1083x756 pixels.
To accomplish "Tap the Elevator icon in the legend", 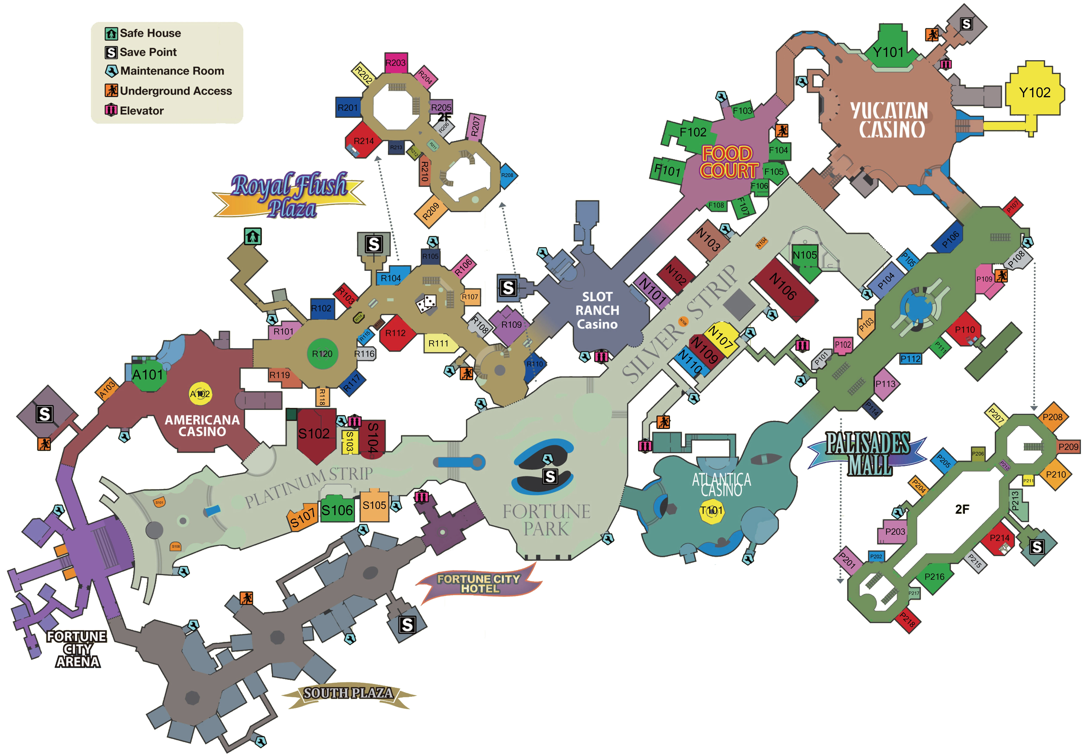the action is [x=111, y=110].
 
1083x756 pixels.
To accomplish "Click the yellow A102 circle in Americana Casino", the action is [x=200, y=393].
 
